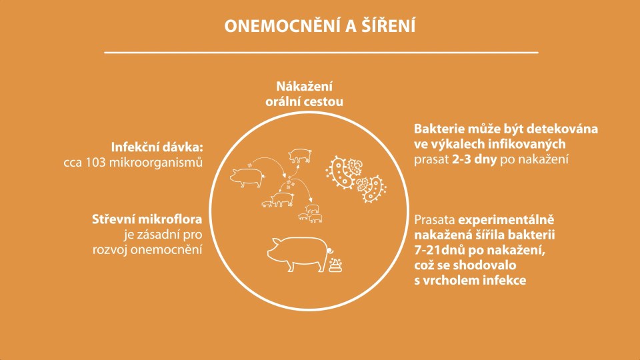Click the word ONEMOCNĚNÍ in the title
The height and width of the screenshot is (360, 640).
(x=282, y=26)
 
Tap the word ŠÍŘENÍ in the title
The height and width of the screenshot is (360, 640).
(x=388, y=25)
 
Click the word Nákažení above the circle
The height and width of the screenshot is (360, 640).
(x=305, y=87)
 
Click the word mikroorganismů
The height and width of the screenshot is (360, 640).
(x=156, y=163)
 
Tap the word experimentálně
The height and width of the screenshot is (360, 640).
(x=506, y=221)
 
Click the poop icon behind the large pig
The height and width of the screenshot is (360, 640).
(x=335, y=265)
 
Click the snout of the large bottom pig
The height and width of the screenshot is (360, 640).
(x=270, y=253)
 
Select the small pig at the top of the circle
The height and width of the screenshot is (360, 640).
(x=300, y=155)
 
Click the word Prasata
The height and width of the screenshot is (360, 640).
(x=435, y=219)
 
